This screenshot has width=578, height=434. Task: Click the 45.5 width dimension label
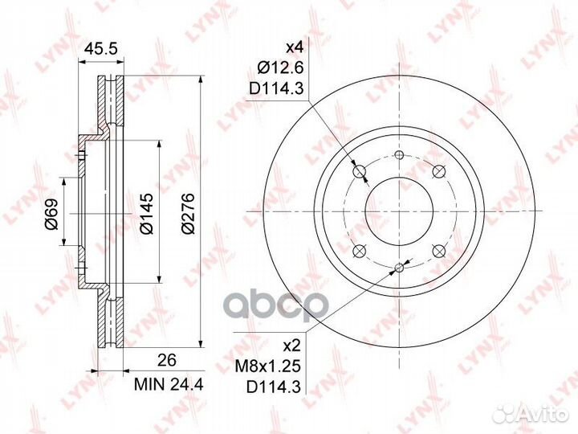click(100, 48)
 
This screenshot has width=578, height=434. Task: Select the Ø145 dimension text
click(146, 213)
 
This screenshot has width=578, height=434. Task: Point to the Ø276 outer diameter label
click(188, 213)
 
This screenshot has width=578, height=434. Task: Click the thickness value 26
click(167, 360)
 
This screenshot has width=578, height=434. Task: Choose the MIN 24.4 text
click(169, 384)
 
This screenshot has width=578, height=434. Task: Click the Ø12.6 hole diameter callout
click(280, 68)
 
